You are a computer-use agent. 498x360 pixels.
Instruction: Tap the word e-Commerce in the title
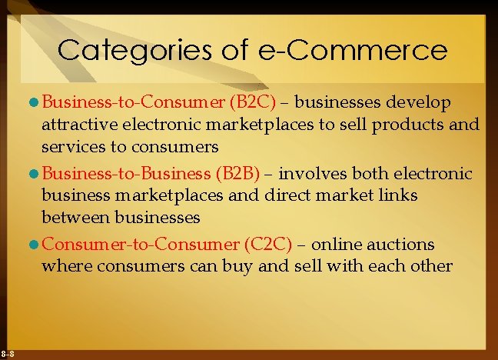(x=348, y=50)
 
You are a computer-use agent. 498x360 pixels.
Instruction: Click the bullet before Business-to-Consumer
(x=35, y=103)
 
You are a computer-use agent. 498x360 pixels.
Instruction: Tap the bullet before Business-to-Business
(x=35, y=174)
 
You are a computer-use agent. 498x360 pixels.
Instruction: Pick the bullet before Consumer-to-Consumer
(x=35, y=245)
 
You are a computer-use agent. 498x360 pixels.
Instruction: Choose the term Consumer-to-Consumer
(x=141, y=245)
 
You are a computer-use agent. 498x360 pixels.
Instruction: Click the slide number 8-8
(x=7, y=353)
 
